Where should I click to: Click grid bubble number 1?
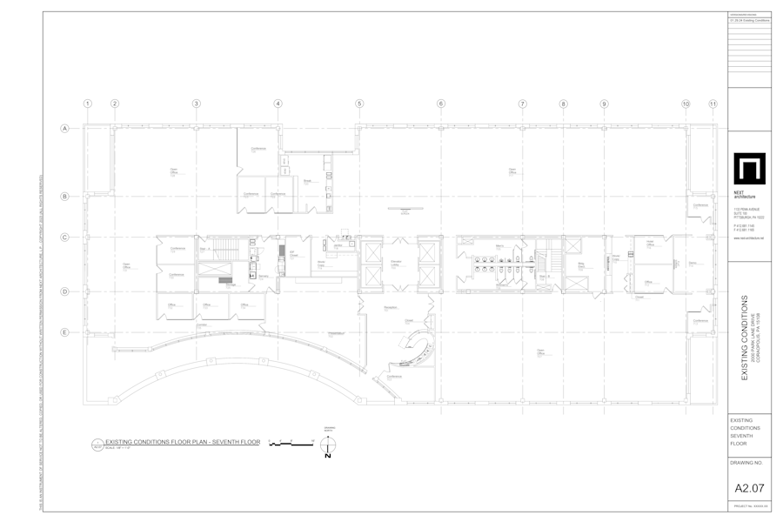(x=87, y=104)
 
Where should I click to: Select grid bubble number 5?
(x=359, y=104)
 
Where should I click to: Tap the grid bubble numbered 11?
(x=713, y=104)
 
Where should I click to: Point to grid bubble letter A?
(x=64, y=129)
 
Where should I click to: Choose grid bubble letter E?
(x=64, y=331)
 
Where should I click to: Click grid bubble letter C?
(x=64, y=237)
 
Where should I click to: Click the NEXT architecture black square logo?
(x=748, y=170)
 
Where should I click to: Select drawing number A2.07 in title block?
(x=749, y=487)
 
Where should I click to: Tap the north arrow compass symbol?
(x=328, y=446)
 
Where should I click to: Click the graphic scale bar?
(x=291, y=444)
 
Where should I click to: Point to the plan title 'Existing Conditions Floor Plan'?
(x=182, y=442)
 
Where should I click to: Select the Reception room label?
(x=390, y=308)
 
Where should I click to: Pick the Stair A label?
(x=207, y=249)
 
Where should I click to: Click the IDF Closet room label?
(x=293, y=253)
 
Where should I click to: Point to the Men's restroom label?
(x=501, y=247)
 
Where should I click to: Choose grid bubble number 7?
(x=522, y=104)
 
